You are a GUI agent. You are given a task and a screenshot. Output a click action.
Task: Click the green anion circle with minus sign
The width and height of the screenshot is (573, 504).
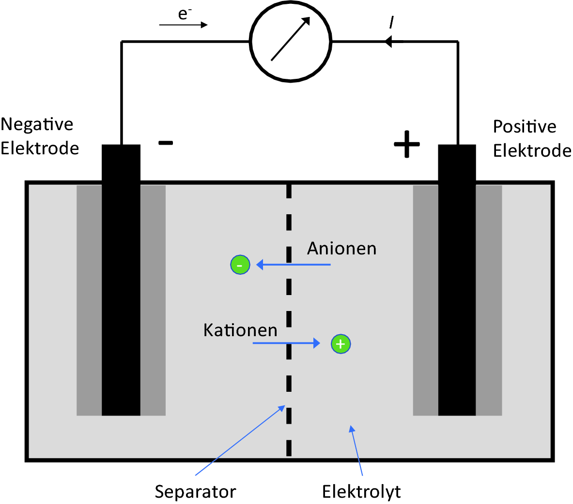pos(240,265)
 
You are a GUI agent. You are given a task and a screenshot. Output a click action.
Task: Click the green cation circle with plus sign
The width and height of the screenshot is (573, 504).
pos(341,344)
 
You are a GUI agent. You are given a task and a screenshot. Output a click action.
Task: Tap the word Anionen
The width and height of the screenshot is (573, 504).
pos(341,248)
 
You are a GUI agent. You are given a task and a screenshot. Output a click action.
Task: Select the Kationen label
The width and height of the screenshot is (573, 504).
pos(240,330)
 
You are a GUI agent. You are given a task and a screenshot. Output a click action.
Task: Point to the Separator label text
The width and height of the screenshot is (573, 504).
pos(195,491)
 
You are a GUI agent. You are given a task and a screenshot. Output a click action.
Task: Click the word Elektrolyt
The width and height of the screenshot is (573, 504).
pos(361,491)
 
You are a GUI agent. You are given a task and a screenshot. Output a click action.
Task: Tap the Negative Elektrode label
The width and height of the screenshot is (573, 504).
pos(39,136)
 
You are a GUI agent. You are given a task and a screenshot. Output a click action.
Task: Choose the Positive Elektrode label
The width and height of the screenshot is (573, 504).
pos(531,138)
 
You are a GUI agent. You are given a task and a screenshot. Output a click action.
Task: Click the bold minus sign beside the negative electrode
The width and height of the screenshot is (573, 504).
pos(166,143)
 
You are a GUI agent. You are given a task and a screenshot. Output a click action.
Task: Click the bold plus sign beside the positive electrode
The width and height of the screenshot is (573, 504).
pos(406,144)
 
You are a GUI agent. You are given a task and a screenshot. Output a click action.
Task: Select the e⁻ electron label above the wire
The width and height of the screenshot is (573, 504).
pos(184,14)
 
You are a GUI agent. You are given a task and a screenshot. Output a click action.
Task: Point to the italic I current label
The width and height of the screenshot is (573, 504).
pos(391,22)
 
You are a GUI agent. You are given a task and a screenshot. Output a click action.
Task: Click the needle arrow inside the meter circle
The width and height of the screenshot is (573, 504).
pos(290,39)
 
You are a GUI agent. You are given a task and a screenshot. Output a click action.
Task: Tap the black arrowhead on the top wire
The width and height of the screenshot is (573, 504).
pos(388,42)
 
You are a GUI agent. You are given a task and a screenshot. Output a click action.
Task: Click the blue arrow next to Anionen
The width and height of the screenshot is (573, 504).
pos(293,265)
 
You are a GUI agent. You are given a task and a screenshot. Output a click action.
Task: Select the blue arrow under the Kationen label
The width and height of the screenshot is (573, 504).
pos(286,343)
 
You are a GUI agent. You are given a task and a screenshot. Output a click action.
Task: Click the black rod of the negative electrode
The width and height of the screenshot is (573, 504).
pos(121,281)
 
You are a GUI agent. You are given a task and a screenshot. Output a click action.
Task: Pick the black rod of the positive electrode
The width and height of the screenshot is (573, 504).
pos(457,281)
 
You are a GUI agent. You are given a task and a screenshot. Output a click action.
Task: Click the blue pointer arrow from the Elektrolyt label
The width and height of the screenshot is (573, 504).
pos(356,450)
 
